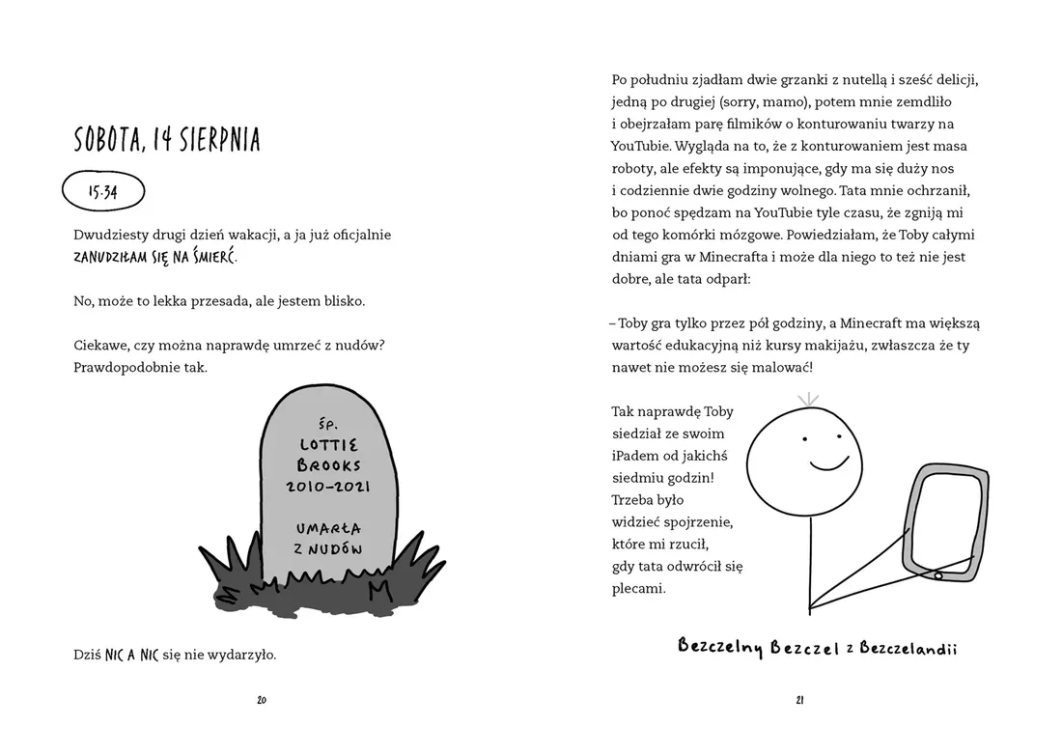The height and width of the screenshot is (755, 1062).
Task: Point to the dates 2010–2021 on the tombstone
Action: point(328,488)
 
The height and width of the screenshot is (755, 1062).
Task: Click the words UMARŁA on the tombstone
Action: point(329,529)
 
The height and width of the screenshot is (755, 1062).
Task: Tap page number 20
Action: point(262,700)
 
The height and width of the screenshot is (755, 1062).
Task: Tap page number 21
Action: point(800,700)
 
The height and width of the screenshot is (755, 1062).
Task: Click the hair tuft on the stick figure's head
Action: point(807,398)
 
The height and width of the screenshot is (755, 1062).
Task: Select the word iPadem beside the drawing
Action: point(635,456)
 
